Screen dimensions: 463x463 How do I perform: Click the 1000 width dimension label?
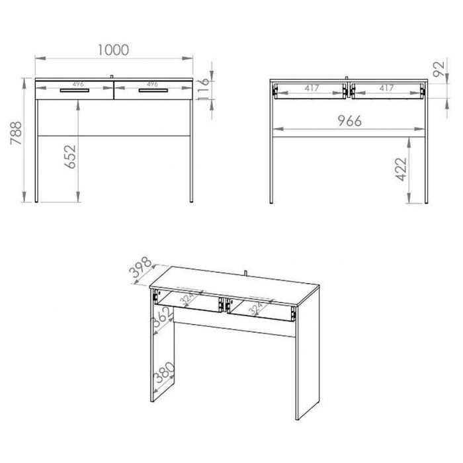[x=113, y=50]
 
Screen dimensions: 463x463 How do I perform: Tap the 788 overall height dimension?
[x=16, y=133]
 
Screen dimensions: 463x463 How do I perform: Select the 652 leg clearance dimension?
[x=70, y=157]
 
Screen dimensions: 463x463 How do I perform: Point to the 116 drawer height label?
[x=204, y=89]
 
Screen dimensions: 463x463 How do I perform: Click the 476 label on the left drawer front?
[x=78, y=84]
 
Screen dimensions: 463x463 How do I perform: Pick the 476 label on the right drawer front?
[x=152, y=84]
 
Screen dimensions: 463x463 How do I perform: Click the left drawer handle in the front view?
[x=74, y=91]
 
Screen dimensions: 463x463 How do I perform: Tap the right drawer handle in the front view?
[x=153, y=91]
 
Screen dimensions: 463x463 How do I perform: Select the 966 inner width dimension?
[x=350, y=121]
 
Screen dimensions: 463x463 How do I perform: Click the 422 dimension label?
[x=401, y=169]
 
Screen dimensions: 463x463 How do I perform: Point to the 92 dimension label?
[x=439, y=69]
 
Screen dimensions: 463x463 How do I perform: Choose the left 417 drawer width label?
[x=312, y=88]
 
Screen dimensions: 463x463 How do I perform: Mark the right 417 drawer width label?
[x=386, y=88]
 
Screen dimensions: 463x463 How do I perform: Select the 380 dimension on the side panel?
[x=165, y=372]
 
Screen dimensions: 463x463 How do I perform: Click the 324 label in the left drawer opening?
[x=187, y=299]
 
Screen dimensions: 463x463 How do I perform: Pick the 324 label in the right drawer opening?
[x=255, y=309]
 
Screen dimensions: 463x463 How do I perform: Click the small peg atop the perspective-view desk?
[x=245, y=273]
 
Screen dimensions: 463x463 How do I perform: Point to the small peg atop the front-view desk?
[x=112, y=77]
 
